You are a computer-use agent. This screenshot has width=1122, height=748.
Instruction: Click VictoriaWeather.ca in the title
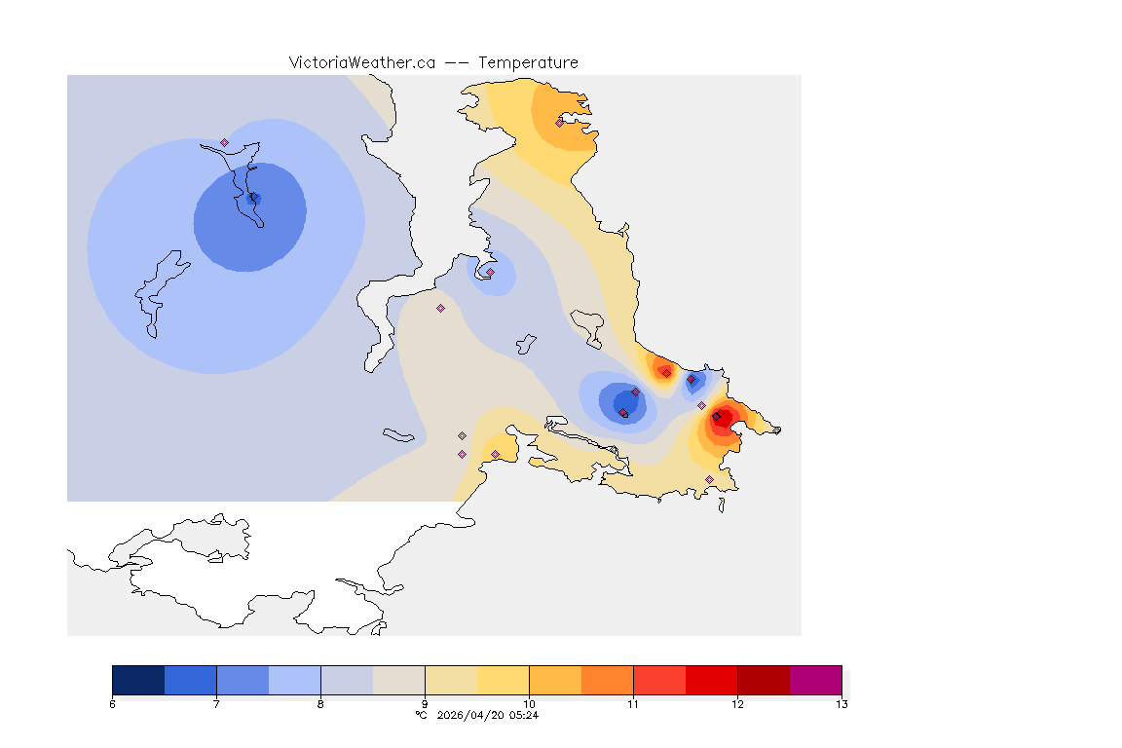point(361,62)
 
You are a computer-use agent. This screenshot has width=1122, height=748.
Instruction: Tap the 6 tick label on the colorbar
point(113,704)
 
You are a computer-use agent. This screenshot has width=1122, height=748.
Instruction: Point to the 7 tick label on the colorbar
point(216,704)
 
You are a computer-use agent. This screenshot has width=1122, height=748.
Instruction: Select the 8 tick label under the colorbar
point(320,704)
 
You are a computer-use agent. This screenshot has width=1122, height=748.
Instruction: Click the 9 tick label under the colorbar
point(425,704)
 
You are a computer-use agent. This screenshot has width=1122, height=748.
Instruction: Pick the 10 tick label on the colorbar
point(529,704)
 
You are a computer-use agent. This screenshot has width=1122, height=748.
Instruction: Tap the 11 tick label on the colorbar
point(633,704)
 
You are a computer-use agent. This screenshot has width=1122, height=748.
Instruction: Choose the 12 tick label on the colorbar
point(737,704)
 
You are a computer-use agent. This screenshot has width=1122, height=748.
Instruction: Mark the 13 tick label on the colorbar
point(841,704)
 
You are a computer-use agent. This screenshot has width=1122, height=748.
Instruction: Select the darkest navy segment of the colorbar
point(138,679)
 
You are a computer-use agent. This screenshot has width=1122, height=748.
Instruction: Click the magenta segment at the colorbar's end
point(815,679)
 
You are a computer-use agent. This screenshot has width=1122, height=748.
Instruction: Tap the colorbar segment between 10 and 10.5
point(555,679)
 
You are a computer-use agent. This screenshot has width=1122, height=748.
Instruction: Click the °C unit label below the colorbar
point(421,715)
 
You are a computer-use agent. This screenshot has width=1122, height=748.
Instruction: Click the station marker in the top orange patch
point(559,123)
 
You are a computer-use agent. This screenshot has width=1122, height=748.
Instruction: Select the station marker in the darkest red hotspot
point(717,417)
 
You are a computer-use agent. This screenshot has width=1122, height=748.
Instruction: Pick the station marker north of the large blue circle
point(224,142)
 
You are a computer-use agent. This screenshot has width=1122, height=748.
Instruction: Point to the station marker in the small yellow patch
point(495,454)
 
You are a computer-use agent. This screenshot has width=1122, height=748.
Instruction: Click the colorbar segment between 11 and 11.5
point(659,679)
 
